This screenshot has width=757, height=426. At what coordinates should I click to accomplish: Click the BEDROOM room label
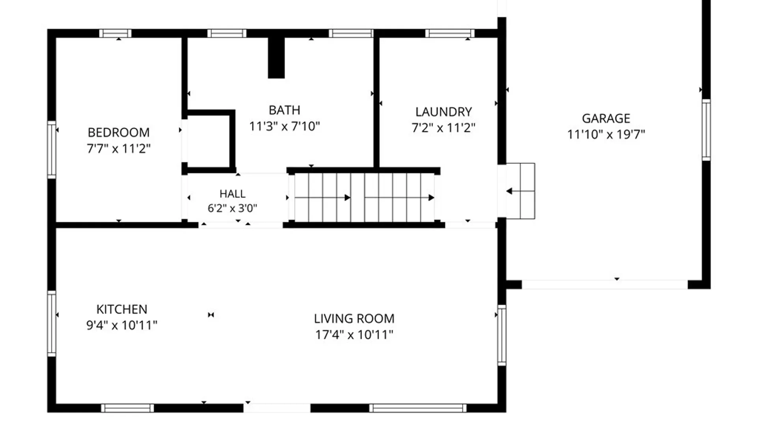119,132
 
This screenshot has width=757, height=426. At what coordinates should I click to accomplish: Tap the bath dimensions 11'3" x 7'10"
284,126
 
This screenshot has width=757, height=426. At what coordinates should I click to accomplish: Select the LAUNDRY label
444,112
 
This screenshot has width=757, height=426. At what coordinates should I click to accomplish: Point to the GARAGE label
606,118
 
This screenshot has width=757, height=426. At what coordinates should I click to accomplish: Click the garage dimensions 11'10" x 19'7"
606,135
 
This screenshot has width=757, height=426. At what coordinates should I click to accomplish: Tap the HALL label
233,194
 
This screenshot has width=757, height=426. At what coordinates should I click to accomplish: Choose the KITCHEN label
122,309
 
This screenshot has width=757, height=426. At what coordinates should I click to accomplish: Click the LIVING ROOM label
354,319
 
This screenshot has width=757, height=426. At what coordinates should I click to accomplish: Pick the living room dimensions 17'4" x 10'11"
354,335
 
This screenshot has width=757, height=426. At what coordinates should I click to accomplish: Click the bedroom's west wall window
52,150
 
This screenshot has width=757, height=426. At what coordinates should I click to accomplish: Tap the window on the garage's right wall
706,130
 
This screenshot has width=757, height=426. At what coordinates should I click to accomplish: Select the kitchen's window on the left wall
52,323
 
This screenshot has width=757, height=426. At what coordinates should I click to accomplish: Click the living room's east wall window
502,335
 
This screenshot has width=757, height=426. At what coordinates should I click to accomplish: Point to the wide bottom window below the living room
418,408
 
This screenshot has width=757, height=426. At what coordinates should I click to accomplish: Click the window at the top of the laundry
450,33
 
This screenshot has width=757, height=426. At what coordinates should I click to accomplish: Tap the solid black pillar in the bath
276,58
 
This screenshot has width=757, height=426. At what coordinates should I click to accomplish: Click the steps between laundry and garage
520,191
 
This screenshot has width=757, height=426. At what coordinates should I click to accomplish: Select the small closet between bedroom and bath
209,142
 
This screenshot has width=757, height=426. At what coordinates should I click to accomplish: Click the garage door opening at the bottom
605,284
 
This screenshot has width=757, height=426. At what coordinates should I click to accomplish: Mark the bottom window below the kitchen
127,408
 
